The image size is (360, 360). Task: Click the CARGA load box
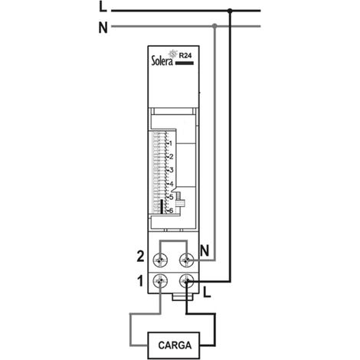click(x=174, y=345)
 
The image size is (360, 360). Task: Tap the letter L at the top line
click(x=103, y=7)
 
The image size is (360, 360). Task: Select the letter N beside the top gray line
click(x=103, y=28)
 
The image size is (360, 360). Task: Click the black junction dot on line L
click(x=230, y=11)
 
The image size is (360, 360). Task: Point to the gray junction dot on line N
click(x=214, y=26)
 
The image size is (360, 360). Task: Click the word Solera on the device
click(x=162, y=61)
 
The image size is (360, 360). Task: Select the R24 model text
click(x=185, y=56)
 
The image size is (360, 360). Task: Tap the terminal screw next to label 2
click(x=160, y=260)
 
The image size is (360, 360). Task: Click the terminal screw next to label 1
click(x=160, y=281)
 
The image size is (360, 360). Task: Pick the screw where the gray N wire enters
click(x=187, y=260)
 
